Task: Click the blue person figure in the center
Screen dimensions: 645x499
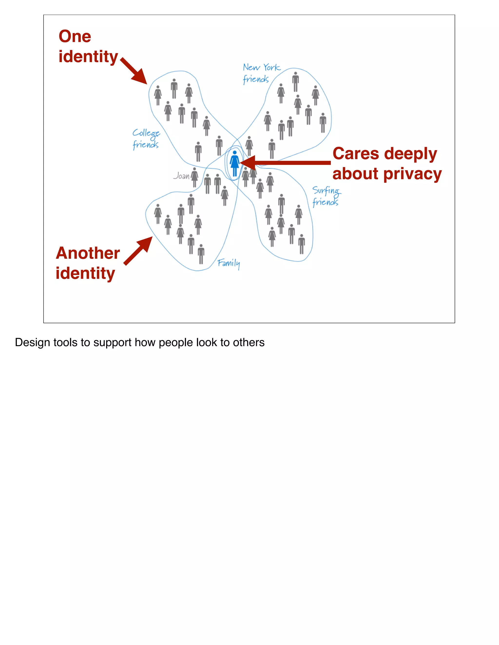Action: pos(234,163)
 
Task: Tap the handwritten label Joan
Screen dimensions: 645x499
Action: pos(181,176)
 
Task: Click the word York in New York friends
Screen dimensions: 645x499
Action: pos(271,67)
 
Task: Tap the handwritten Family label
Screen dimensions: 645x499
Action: pos(229,263)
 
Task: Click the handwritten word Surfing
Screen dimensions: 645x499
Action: pos(326,191)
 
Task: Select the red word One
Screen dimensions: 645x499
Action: pos(75,36)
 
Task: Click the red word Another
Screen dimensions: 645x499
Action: pos(88,253)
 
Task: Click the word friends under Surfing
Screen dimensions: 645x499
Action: pos(325,202)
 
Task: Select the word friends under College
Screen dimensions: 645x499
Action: pos(145,145)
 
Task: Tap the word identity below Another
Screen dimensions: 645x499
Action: pos(85,273)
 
